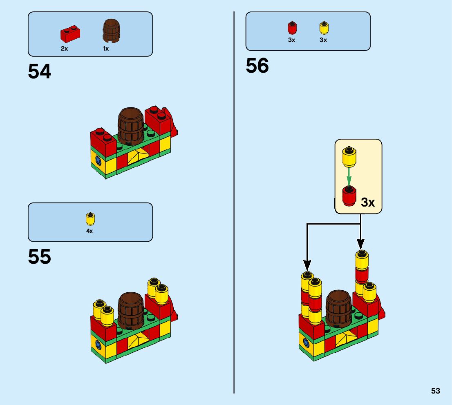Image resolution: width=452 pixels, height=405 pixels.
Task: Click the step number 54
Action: (40, 72)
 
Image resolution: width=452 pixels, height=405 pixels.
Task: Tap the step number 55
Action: (40, 257)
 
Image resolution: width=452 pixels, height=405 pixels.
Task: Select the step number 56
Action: (257, 66)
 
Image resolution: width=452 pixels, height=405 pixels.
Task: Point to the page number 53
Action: (435, 391)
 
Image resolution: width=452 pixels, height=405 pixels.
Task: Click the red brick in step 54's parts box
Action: (70, 34)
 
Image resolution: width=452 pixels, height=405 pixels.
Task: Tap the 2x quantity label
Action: (64, 48)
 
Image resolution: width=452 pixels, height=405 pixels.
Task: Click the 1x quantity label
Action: (106, 48)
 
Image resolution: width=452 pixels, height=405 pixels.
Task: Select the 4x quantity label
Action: (89, 231)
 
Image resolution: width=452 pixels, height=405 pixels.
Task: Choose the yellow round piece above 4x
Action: (90, 219)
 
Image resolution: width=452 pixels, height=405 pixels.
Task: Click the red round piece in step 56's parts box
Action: (292, 28)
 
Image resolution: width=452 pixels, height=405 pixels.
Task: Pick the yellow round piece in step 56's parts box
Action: (324, 28)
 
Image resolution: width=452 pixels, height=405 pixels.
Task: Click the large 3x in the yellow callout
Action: (367, 202)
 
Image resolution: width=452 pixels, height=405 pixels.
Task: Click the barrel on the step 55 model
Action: (131, 310)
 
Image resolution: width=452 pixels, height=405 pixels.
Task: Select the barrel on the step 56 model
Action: (339, 308)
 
